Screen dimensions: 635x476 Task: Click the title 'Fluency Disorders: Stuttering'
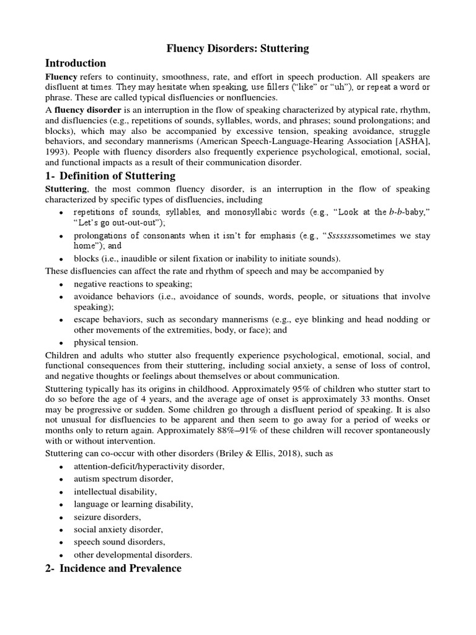pos(238,48)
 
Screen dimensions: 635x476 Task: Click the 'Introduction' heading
pos(75,63)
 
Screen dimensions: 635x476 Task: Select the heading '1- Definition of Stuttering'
pos(110,176)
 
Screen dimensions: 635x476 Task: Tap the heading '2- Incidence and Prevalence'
pos(113,568)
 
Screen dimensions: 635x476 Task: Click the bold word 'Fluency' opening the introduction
pos(60,76)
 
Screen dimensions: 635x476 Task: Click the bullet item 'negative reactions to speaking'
pos(133,283)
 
